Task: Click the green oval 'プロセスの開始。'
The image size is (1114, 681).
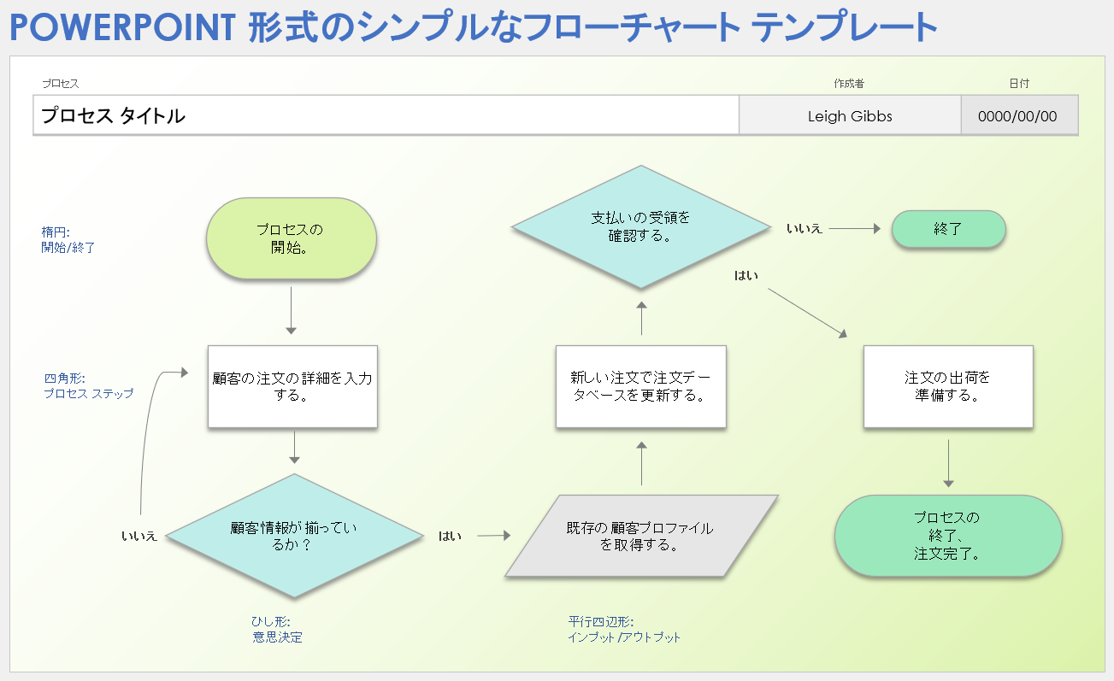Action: [x=292, y=238]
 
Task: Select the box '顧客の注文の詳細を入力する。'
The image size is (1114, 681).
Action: [x=292, y=386]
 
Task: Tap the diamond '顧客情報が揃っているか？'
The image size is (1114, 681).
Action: [x=294, y=536]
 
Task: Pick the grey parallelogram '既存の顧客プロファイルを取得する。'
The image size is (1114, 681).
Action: [x=640, y=536]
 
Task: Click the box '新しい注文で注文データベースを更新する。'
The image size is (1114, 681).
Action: [x=640, y=386]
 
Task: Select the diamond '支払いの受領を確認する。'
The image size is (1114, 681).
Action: [x=640, y=226]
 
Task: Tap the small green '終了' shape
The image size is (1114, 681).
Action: [x=948, y=229]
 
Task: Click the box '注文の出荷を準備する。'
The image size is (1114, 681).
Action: [x=947, y=386]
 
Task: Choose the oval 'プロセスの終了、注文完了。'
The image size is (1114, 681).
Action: [x=947, y=535]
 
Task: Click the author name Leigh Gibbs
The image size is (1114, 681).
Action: [x=849, y=116]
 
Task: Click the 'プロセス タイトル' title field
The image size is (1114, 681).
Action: [x=385, y=116]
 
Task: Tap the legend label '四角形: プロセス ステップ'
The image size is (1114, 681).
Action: [x=88, y=385]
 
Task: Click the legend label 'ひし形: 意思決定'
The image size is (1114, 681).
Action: [x=277, y=629]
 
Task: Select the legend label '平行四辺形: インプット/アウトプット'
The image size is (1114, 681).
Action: [x=624, y=629]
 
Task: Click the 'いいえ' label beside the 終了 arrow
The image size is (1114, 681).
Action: [x=804, y=229]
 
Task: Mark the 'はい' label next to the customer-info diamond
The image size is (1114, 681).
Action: [x=450, y=536]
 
